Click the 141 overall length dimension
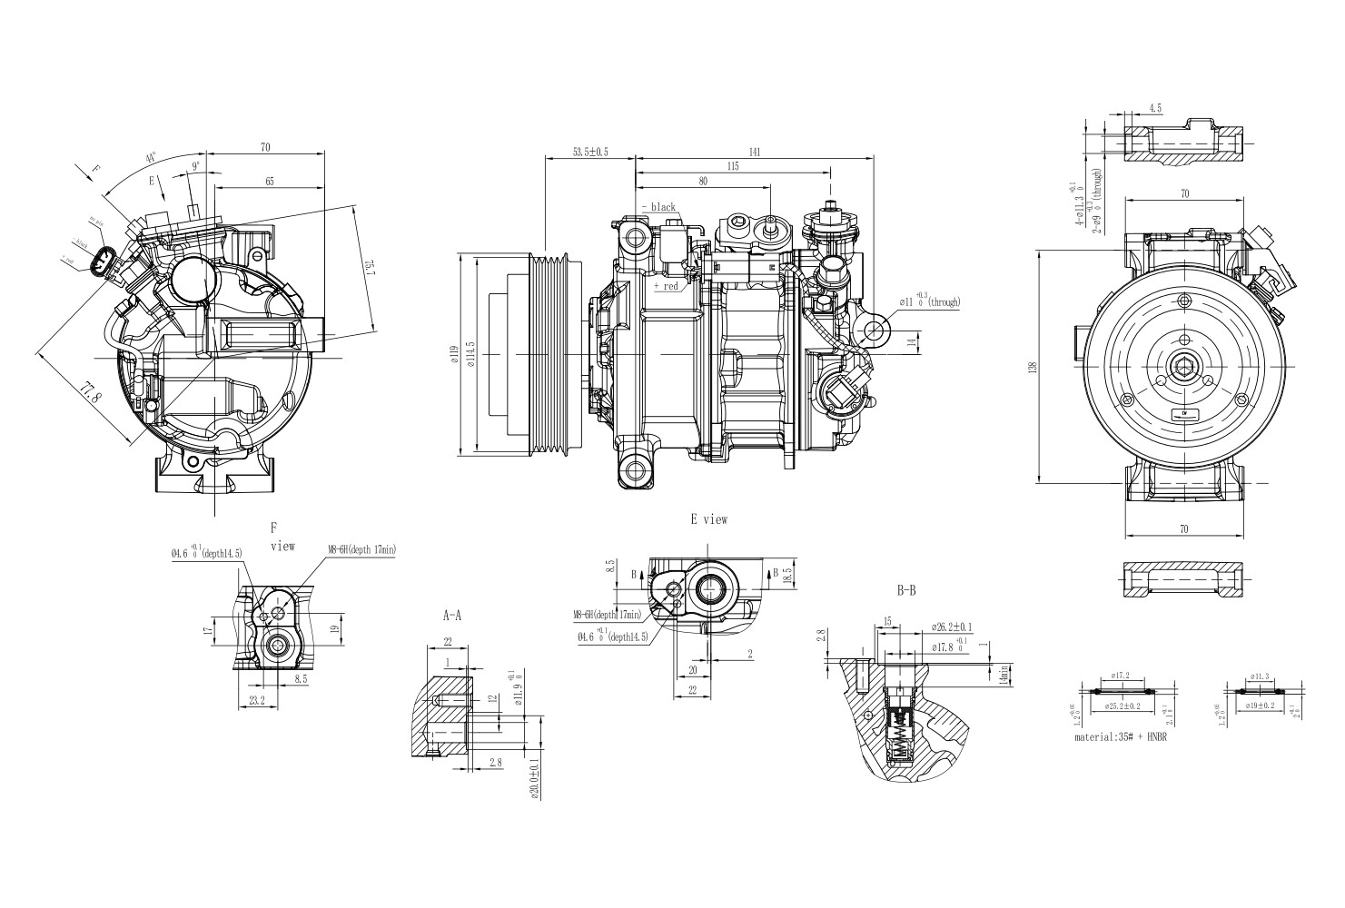(x=754, y=151)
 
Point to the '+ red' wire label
(x=666, y=286)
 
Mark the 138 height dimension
(x=1032, y=367)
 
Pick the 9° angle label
(x=195, y=166)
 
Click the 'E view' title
(x=708, y=519)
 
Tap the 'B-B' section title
(x=905, y=591)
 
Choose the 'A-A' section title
(x=451, y=615)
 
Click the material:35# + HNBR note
(x=1120, y=737)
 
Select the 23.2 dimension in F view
(x=256, y=699)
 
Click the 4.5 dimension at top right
(x=1155, y=108)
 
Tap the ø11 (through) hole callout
(x=928, y=301)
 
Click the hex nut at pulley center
(x=1184, y=367)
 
